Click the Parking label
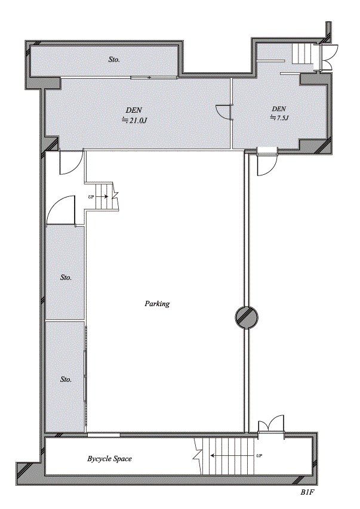[157, 304]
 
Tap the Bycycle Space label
[109, 459]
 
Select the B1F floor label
[307, 493]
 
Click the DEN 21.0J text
[134, 114]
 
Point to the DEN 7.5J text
[279, 113]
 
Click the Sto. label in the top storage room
[114, 60]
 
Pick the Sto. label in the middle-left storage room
[66, 277]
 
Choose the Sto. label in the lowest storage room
[66, 379]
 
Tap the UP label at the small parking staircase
[91, 196]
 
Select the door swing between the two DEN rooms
[223, 112]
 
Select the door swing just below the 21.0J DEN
[70, 164]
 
